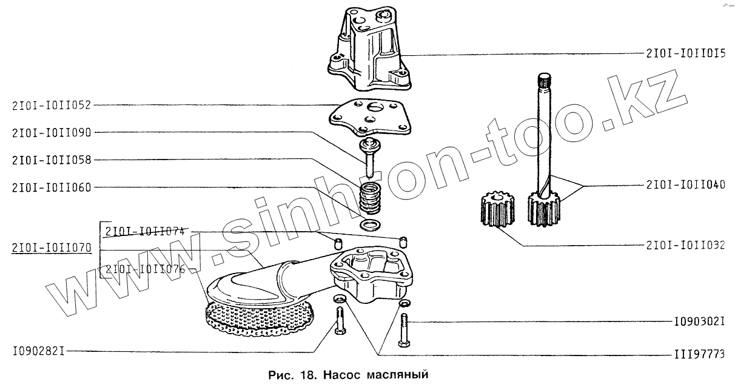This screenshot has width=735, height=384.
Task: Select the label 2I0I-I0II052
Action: point(51,104)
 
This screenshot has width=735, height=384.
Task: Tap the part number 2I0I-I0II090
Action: point(51,132)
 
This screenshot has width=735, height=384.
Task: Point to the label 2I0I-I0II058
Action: point(51,160)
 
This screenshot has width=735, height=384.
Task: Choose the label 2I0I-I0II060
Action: point(51,187)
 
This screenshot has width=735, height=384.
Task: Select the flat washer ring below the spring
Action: point(369,226)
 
